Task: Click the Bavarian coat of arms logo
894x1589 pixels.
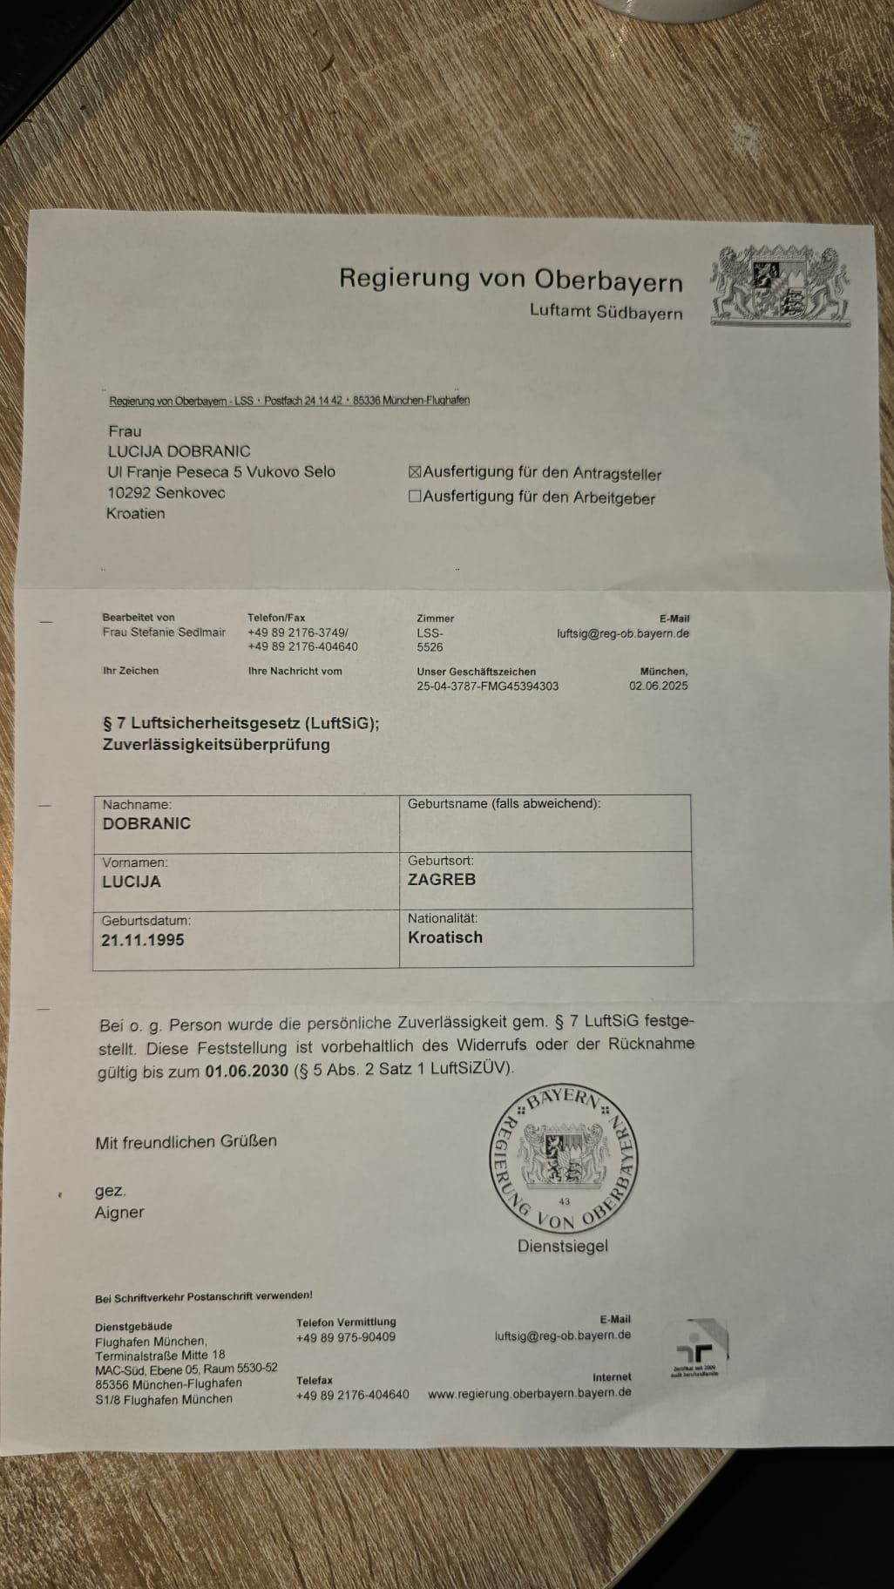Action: pyautogui.click(x=780, y=286)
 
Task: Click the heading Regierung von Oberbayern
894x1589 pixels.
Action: pyautogui.click(x=511, y=279)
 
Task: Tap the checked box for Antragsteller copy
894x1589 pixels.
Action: pyautogui.click(x=415, y=472)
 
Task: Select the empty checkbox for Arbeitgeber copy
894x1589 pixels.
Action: pyautogui.click(x=415, y=497)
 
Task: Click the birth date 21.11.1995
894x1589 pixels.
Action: pyautogui.click(x=143, y=940)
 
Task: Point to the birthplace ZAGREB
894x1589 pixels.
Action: pyautogui.click(x=442, y=880)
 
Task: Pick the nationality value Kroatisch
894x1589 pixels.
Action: pyautogui.click(x=445, y=937)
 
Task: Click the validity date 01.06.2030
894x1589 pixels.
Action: pyautogui.click(x=247, y=1071)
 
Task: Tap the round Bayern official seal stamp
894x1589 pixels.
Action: pyautogui.click(x=563, y=1160)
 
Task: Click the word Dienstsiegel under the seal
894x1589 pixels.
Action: pyautogui.click(x=563, y=1247)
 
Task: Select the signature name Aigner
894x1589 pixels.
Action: pyautogui.click(x=119, y=1213)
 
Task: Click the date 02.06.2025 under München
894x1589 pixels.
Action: pyautogui.click(x=659, y=686)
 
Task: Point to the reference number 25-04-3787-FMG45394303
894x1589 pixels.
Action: pyautogui.click(x=488, y=686)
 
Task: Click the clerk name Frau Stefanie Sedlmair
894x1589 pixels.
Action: pyautogui.click(x=164, y=632)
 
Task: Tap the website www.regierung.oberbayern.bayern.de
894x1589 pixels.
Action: pyautogui.click(x=530, y=1393)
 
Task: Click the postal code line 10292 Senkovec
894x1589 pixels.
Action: pyautogui.click(x=166, y=493)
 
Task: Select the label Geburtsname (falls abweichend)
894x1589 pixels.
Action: pyautogui.click(x=504, y=803)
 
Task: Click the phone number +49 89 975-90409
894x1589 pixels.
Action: pyautogui.click(x=346, y=1337)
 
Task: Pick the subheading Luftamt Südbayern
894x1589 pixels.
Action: pyautogui.click(x=606, y=312)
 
